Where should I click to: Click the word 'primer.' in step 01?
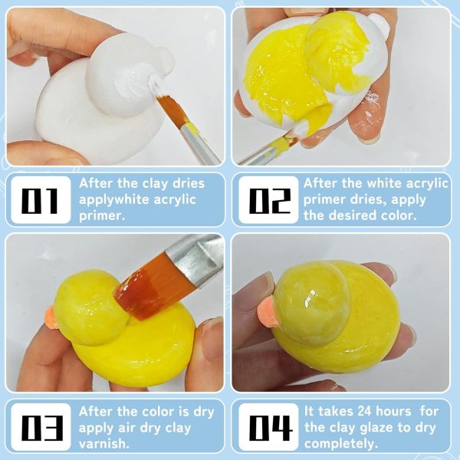(x=103, y=215)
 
